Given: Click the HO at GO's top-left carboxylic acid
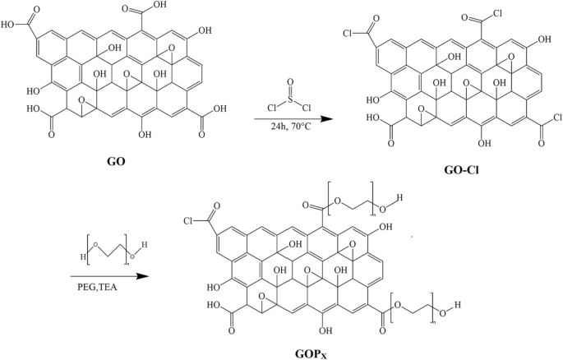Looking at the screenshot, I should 12,24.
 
